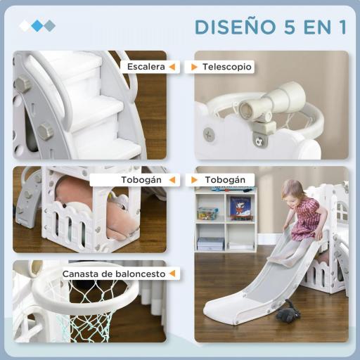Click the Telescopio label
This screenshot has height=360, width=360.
click(226, 67)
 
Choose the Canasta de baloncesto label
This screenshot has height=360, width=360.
click(113, 274)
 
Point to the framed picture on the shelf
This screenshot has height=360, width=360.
click(240, 207)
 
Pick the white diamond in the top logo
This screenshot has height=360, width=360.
click(25, 26)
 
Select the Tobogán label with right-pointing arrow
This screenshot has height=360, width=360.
click(224, 179)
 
